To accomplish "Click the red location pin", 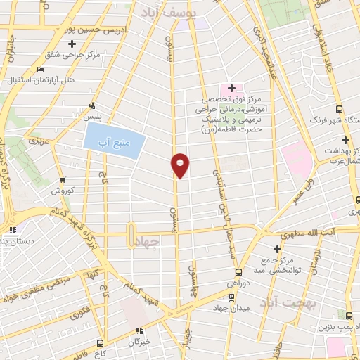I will pyautogui.click(x=181, y=165).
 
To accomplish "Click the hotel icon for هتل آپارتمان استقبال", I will pyautogui.click(x=41, y=70).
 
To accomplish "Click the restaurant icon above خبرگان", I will pyautogui.click(x=139, y=330).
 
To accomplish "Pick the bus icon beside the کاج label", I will pyautogui.click(x=99, y=343).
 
